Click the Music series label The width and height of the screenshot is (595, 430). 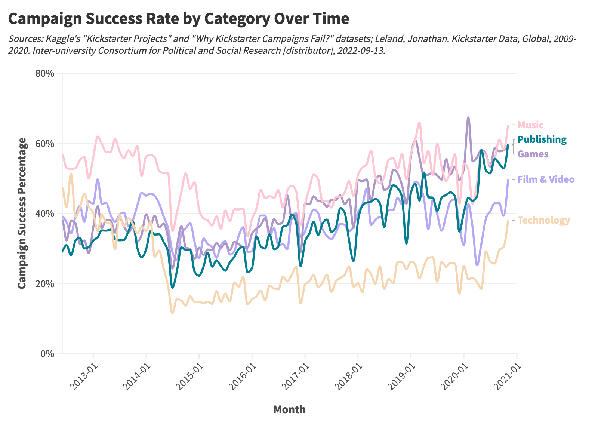(x=530, y=125)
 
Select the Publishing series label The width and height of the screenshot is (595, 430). (x=542, y=140)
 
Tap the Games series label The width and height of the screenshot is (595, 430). (x=533, y=154)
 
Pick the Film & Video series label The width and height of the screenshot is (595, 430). (x=546, y=179)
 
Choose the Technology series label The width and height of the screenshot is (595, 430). (x=544, y=220)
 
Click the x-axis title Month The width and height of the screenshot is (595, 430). (x=289, y=410)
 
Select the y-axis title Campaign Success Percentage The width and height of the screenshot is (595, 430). (x=22, y=213)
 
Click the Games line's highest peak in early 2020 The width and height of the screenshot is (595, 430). (x=468, y=117)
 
